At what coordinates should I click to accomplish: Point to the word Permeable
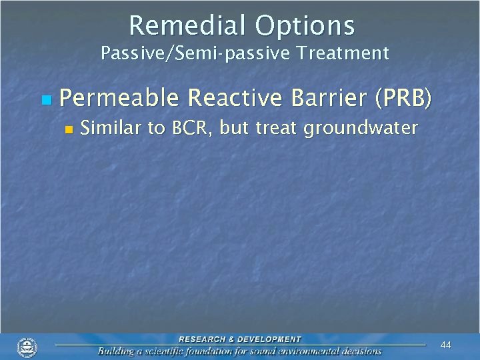[x=119, y=99]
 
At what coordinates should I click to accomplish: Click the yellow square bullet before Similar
[x=67, y=129]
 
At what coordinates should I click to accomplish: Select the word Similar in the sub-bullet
[x=111, y=127]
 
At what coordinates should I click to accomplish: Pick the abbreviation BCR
[x=191, y=127]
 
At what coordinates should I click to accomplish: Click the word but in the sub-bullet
[x=233, y=127]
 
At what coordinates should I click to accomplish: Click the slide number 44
[x=446, y=345]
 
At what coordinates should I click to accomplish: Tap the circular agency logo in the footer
[x=27, y=347]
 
